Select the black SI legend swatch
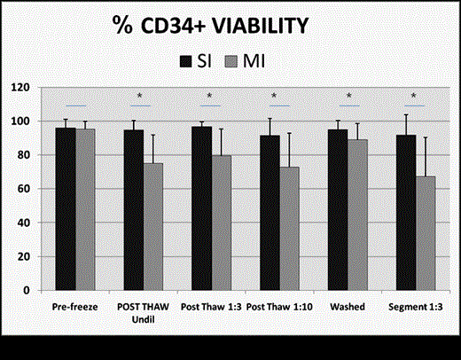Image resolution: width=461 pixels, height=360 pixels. click(x=187, y=59)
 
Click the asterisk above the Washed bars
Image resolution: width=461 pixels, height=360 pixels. click(x=348, y=96)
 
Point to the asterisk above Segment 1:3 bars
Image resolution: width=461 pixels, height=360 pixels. click(x=414, y=96)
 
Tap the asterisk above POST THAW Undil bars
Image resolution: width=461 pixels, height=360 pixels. click(x=140, y=96)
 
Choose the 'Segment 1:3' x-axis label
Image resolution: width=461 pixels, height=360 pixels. click(x=416, y=306)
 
